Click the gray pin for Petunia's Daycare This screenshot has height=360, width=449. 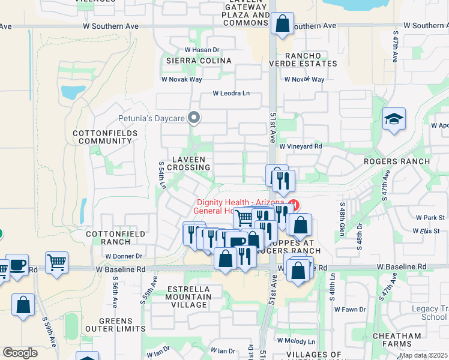(x=193, y=118)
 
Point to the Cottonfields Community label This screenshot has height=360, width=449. (x=101, y=137)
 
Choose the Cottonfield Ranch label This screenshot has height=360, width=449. (x=108, y=238)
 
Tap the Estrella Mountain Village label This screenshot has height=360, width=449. (x=181, y=296)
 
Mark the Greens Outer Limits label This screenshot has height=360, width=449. (x=122, y=325)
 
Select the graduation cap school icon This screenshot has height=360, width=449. (x=394, y=120)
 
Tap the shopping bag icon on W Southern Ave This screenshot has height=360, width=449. (x=282, y=25)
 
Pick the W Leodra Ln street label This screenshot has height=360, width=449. (x=231, y=93)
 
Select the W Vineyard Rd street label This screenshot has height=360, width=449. (x=301, y=146)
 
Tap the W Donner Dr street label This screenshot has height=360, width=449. (x=123, y=256)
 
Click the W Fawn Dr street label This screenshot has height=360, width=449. (x=350, y=309)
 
